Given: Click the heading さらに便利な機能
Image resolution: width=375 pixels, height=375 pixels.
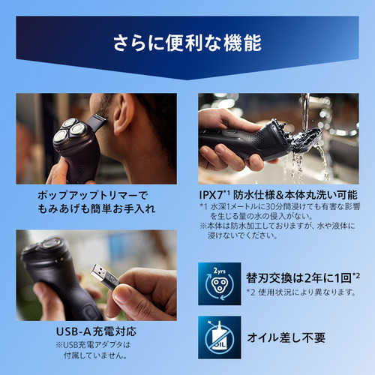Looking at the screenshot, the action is (187, 43).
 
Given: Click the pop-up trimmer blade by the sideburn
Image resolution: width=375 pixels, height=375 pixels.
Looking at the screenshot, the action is (97, 122).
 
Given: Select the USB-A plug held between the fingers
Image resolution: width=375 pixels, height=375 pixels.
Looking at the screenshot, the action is (105, 274).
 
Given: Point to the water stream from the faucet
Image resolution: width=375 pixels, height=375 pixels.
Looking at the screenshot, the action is (305, 112).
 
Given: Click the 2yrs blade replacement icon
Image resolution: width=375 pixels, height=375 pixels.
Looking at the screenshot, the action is (220, 283).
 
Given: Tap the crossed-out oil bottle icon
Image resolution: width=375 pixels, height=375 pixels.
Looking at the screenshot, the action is (220, 337).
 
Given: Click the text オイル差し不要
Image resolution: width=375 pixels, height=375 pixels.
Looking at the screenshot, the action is (286, 337).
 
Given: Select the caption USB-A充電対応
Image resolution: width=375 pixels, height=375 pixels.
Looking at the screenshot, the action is (96, 331).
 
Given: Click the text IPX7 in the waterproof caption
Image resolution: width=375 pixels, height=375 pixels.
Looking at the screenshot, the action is (211, 195).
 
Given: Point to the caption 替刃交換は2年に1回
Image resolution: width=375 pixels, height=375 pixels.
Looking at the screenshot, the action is (299, 278).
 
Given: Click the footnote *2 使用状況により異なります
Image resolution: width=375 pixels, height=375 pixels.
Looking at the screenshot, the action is (301, 292).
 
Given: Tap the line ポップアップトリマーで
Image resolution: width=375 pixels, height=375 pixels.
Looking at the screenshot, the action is (92, 195).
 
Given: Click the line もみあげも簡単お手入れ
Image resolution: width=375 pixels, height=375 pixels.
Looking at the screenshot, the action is (97, 208).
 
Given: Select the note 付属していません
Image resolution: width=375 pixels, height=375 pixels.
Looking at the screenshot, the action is (95, 355).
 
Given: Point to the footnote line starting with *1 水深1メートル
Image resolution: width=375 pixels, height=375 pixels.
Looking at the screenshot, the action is (280, 206).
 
